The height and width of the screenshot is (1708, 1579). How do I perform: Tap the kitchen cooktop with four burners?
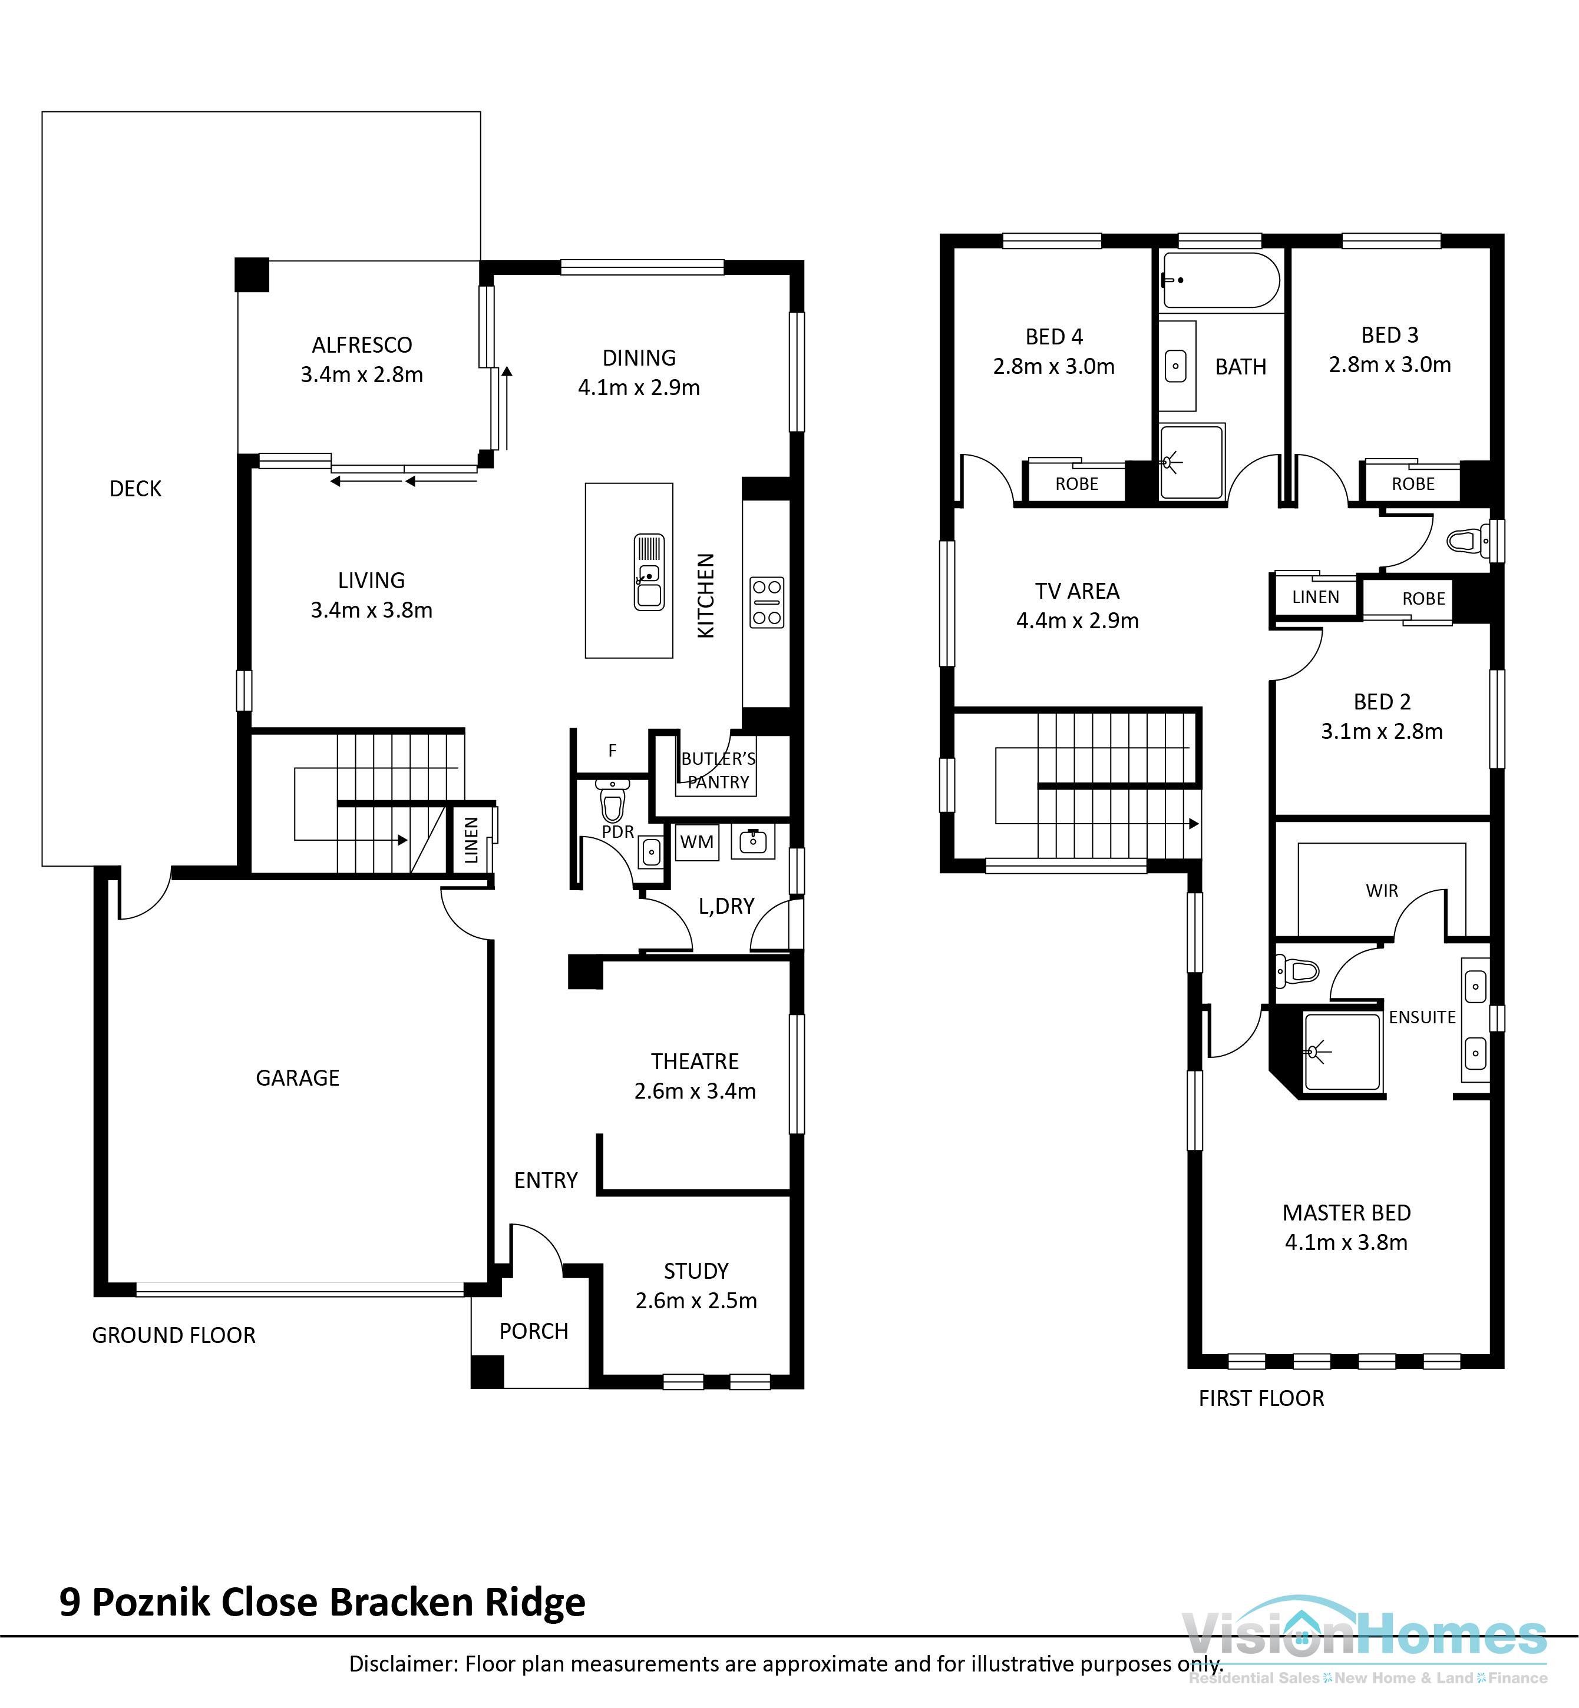[x=767, y=602]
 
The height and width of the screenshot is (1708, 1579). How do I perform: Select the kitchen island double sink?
[x=649, y=572]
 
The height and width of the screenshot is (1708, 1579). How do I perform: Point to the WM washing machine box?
[x=696, y=842]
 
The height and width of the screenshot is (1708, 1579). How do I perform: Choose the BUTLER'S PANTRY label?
[x=718, y=770]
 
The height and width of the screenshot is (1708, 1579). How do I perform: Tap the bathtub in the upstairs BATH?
[x=1220, y=280]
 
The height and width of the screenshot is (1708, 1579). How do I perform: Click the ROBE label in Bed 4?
[x=1076, y=484]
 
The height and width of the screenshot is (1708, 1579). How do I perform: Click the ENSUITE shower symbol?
[x=1342, y=1052]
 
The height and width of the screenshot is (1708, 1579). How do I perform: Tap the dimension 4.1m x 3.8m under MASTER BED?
[x=1346, y=1242]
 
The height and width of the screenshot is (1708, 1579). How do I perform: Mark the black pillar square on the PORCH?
[x=487, y=1372]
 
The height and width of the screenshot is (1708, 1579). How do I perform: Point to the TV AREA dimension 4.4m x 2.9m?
[x=1078, y=621]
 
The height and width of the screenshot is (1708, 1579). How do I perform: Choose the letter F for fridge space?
[x=612, y=751]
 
